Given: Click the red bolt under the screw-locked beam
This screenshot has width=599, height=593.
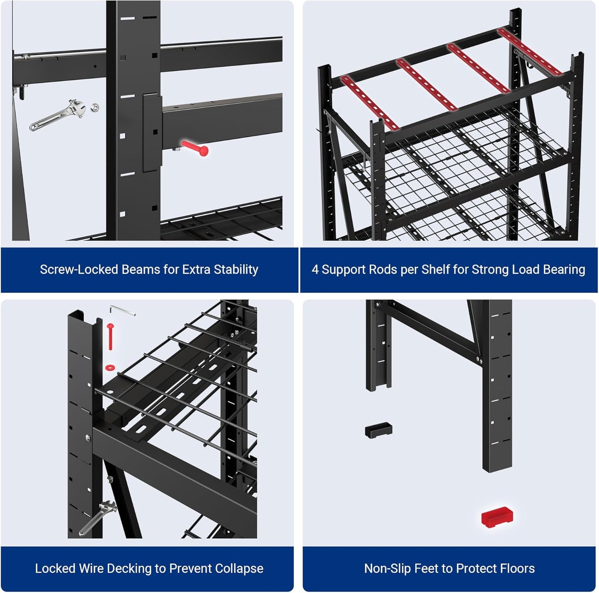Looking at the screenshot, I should click(x=195, y=148).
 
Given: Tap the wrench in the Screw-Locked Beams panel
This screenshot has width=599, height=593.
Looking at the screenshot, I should click(x=58, y=114).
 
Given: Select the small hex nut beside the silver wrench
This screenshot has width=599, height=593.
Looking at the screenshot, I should click(x=95, y=107).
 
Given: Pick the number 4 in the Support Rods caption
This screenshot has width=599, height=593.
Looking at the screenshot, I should click(x=315, y=269).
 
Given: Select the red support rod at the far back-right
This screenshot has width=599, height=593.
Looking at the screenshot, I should click(x=530, y=51).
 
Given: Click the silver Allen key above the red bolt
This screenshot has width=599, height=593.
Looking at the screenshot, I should click(x=122, y=310).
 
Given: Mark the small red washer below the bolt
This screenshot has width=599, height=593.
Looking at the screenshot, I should click(x=110, y=367).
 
